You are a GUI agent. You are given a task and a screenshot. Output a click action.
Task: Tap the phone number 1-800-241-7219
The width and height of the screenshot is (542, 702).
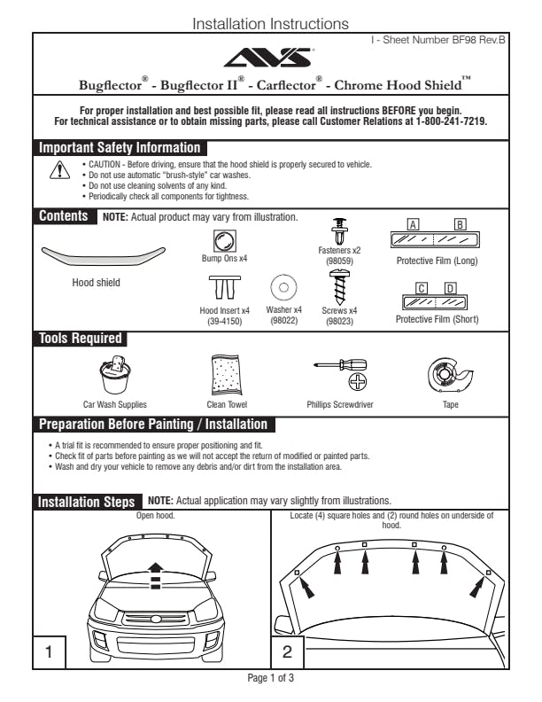click(451, 121)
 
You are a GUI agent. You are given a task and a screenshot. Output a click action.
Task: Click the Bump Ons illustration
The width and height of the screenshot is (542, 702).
click(224, 240)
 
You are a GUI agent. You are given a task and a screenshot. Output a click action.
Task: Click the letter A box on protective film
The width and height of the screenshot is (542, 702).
click(413, 224)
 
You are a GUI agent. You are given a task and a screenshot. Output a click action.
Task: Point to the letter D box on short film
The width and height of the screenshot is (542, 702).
click(450, 288)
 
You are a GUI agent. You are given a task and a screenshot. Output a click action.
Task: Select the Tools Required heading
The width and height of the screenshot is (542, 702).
click(80, 338)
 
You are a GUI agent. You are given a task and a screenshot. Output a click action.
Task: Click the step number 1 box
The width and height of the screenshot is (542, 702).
click(49, 653)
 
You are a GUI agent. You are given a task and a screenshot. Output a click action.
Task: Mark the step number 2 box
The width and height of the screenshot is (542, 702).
click(287, 653)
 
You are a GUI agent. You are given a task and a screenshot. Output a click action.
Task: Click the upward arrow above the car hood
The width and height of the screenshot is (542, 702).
click(155, 569)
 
